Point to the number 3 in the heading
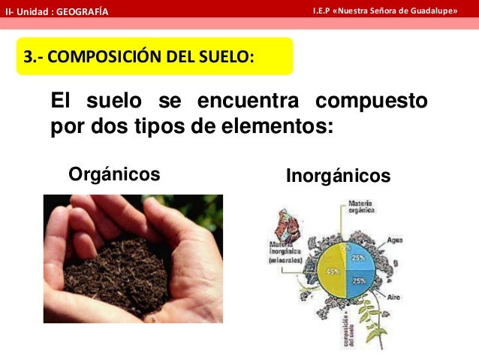[x=28, y=57]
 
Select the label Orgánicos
[x=114, y=175]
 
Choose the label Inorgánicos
[x=339, y=176]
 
